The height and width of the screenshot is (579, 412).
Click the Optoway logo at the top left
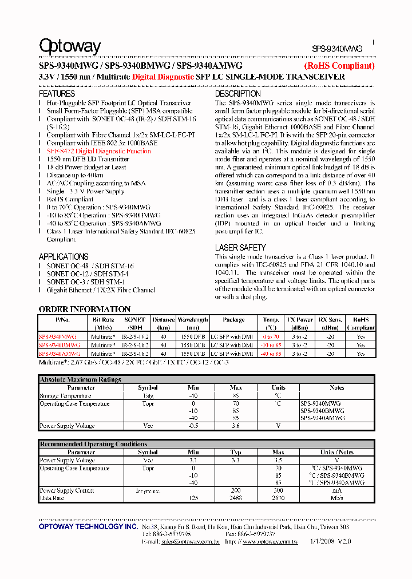[69, 46]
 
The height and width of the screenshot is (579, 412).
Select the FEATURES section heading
[57, 93]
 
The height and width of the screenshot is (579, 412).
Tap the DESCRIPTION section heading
[237, 93]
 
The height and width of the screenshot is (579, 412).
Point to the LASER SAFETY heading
[240, 247]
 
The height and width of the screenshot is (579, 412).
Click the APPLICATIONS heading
[64, 256]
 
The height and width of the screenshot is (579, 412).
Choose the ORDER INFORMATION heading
[85, 309]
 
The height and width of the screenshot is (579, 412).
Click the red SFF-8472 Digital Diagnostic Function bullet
[98, 151]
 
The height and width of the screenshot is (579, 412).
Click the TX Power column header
[299, 320]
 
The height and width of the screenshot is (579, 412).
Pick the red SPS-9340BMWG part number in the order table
[60, 346]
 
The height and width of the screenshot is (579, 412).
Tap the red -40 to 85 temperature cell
[271, 354]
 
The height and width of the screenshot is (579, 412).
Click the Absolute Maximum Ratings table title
[80, 379]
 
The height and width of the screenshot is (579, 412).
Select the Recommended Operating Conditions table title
[93, 444]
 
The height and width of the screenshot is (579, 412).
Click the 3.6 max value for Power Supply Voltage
[236, 426]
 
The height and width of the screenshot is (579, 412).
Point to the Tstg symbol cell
[148, 396]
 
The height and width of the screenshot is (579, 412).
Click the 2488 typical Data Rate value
[236, 498]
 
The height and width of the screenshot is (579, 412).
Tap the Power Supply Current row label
[66, 490]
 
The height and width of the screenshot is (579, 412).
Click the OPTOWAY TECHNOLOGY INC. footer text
[88, 526]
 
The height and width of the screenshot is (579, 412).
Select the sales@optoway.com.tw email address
[183, 541]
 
